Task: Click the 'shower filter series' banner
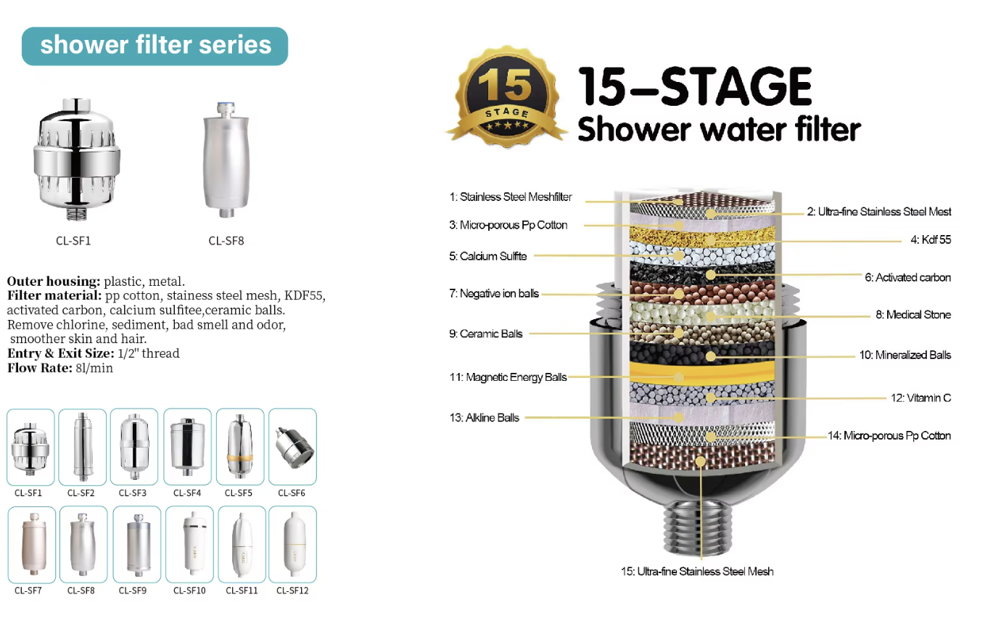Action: point(155,46)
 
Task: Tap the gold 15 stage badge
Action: point(507,96)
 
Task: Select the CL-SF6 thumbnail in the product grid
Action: point(293,447)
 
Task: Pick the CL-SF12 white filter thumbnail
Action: point(293,544)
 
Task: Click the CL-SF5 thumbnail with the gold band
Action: point(240,447)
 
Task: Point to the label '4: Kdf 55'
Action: point(931,239)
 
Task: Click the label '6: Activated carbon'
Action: point(907,278)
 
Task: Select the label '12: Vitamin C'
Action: point(921,398)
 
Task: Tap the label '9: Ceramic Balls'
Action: point(486,334)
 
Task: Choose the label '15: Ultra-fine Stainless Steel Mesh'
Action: point(697,572)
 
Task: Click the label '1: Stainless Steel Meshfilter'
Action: point(511,197)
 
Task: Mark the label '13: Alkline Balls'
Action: point(485,418)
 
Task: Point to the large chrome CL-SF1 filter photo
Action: point(76,159)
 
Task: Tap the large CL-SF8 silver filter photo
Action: point(226,160)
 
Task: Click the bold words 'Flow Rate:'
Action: point(40,368)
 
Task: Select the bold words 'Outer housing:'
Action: point(54,281)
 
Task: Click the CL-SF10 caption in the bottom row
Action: point(189,591)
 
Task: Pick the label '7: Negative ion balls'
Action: point(494,294)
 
